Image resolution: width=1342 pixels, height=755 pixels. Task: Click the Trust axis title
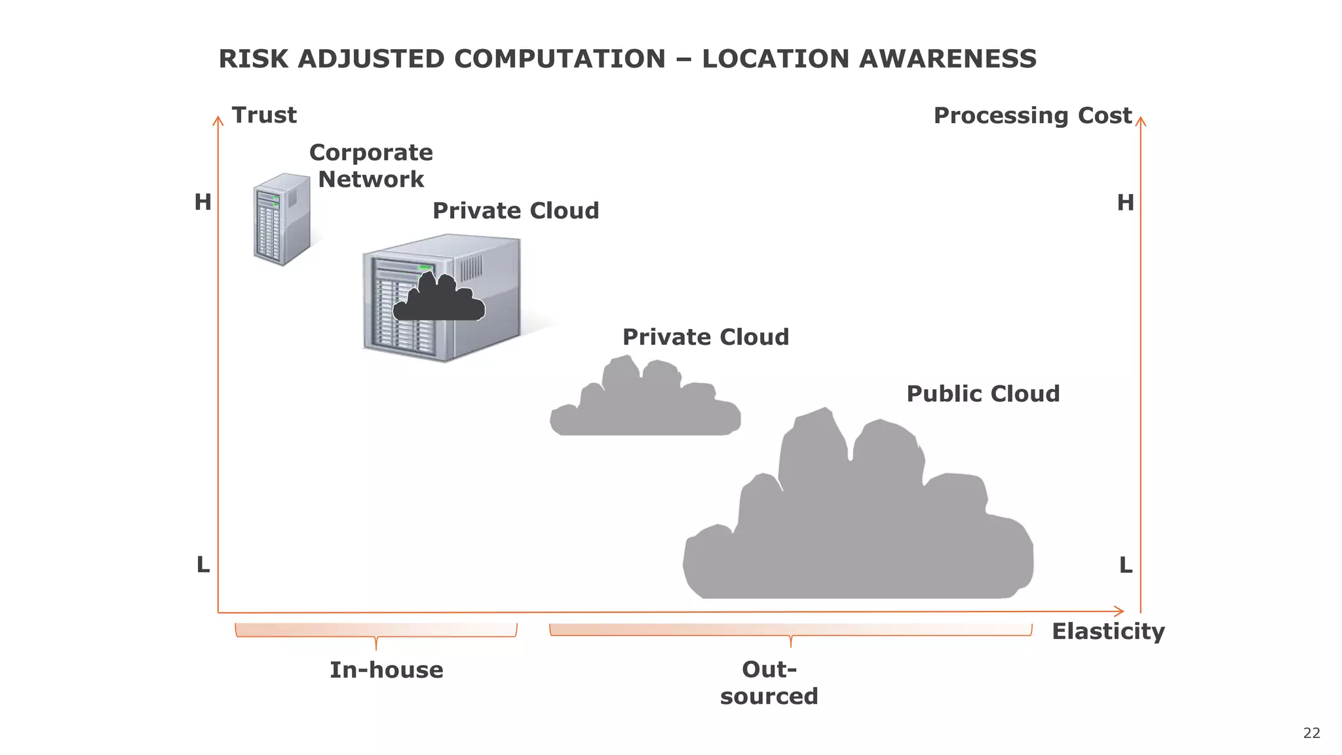click(x=264, y=115)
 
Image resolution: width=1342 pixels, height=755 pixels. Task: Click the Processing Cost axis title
click(x=1032, y=116)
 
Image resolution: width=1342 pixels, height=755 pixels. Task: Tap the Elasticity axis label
click(x=1108, y=632)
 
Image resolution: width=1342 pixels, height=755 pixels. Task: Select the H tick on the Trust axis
click(x=202, y=203)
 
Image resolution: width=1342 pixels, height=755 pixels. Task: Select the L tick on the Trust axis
click(x=203, y=564)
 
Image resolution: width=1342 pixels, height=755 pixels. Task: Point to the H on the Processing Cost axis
click(x=1125, y=203)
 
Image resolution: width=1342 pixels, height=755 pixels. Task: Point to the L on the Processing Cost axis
click(x=1125, y=565)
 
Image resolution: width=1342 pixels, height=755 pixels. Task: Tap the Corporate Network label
click(x=371, y=166)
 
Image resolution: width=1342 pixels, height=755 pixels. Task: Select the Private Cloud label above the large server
click(x=516, y=211)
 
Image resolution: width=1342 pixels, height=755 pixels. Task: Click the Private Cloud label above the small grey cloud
click(x=705, y=338)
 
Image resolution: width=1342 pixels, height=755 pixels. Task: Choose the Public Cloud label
click(x=983, y=394)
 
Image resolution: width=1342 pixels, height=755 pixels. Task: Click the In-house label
click(x=386, y=670)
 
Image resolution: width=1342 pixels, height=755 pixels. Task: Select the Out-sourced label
click(x=769, y=683)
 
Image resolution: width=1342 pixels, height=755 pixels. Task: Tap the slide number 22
click(x=1311, y=733)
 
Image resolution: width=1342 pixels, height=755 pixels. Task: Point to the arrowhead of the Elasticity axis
click(x=1121, y=611)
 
